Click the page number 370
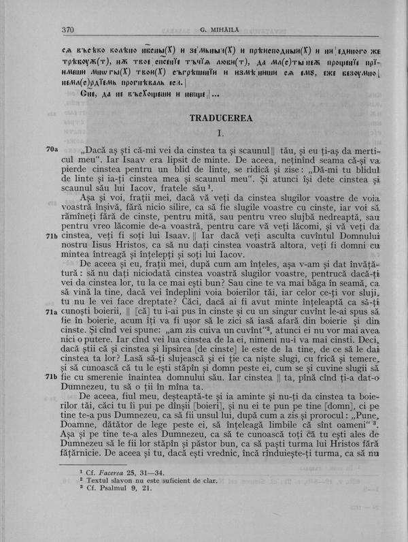point(67,29)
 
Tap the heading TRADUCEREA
point(221,118)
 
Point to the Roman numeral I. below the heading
point(221,131)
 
